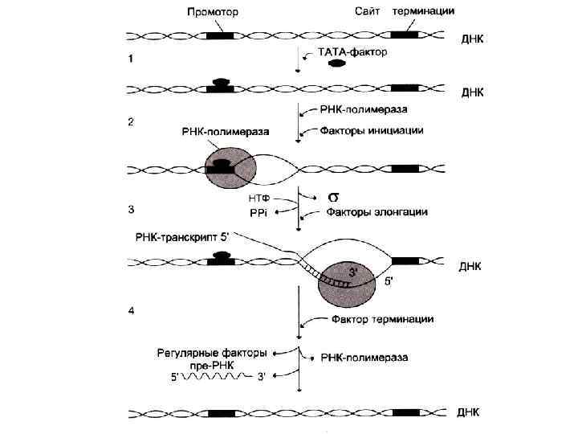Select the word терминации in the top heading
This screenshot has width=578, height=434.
pos(425,12)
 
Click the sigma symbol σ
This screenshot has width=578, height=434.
pos(333,196)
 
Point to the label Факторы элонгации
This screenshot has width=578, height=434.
pos(376,212)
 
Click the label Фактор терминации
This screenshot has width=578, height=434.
pos(382,320)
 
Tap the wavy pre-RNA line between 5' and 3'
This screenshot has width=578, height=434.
pos(217,377)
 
